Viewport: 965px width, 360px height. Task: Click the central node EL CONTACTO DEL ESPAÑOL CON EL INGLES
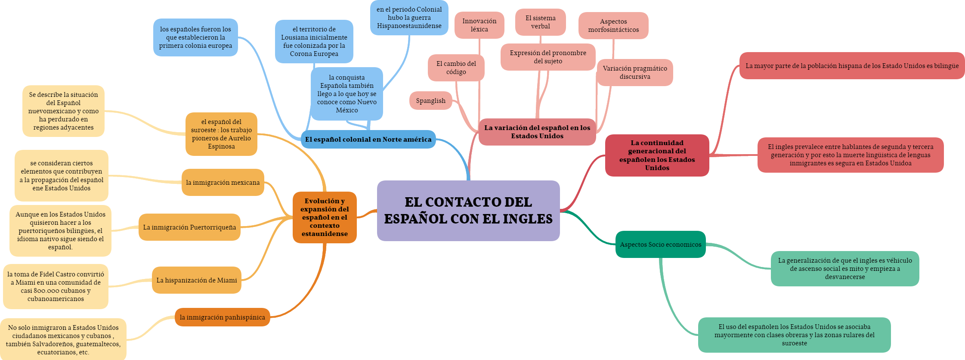coord(468,211)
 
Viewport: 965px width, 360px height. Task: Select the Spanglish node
coord(430,101)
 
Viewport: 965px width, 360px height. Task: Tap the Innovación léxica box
coord(479,25)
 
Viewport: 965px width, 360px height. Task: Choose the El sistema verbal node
coord(540,22)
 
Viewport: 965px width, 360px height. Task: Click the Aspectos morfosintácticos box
coord(613,25)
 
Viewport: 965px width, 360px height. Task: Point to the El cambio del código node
coord(456,68)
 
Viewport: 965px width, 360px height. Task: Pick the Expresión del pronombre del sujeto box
coord(548,57)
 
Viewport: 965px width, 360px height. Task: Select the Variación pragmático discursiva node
coord(634,72)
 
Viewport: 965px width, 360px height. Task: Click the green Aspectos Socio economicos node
coord(660,245)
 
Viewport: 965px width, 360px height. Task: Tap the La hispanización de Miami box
coord(196,280)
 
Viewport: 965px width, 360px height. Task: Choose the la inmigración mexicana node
coord(223,183)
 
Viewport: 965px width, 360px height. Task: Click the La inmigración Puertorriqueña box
coord(189,227)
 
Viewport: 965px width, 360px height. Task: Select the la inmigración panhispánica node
coord(222,317)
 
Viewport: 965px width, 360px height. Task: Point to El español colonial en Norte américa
coord(368,140)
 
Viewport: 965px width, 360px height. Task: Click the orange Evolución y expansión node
coord(325,217)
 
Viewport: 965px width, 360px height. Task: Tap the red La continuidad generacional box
coord(657,155)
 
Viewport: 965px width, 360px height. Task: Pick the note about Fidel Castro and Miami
coord(56,286)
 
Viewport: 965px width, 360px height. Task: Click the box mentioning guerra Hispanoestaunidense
coord(409,18)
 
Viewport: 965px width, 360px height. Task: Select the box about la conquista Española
coord(346,94)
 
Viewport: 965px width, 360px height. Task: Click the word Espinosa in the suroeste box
coord(221,146)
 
